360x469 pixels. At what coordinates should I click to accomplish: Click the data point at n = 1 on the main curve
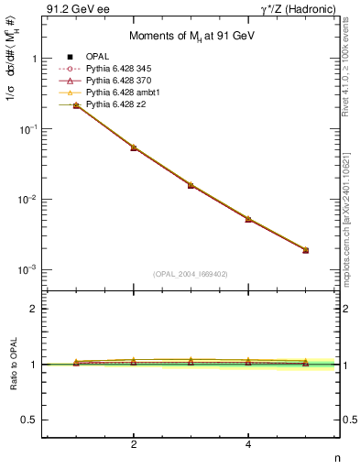point(76,105)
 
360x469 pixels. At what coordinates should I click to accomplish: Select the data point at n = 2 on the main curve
point(134,147)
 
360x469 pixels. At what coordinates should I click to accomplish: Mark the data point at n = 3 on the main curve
point(191,185)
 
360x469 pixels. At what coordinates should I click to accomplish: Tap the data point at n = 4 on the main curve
point(248,220)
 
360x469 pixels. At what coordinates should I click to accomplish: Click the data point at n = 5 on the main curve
point(306,250)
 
